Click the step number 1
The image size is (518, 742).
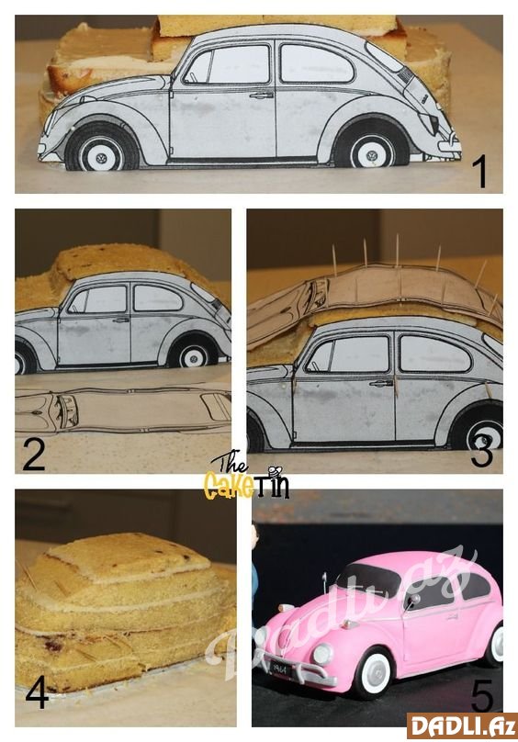pos(479,172)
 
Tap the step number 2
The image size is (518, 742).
pos(34,455)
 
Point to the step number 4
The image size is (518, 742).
pos(37,691)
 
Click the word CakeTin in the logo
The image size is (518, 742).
pos(246,486)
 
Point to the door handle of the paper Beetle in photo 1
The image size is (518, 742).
pos(262,96)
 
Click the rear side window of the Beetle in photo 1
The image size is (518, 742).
pos(316,63)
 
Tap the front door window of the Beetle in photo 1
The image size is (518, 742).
pos(227,64)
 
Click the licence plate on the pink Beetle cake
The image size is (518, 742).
pos(281,669)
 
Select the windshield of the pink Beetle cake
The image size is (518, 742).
pos(368,579)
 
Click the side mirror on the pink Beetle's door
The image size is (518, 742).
pos(413,600)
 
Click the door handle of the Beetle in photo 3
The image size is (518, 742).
pos(381,383)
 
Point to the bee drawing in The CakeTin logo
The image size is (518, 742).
pos(275,471)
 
